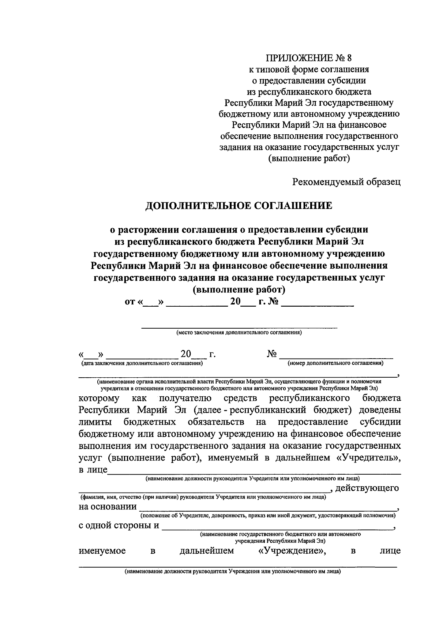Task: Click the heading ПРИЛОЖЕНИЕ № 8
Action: (310, 58)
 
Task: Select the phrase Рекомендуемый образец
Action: (346, 182)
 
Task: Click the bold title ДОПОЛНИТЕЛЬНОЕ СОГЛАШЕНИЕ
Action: (239, 206)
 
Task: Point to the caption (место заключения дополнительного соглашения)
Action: (239, 333)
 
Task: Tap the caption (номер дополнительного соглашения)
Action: (335, 363)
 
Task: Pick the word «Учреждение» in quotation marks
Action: (290, 551)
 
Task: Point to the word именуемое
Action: (102, 551)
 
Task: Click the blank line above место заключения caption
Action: (239, 327)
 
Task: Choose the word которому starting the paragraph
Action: (99, 398)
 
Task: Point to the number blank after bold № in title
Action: (318, 304)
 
